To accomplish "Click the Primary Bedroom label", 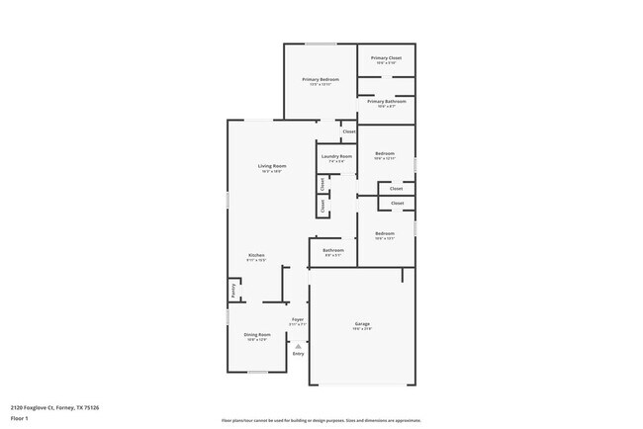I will [x=321, y=79].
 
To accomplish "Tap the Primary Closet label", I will [x=386, y=58].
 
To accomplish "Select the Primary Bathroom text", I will [x=386, y=101].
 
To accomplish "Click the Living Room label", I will [x=272, y=166].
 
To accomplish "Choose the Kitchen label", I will [x=256, y=255].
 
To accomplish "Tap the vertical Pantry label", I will [x=233, y=291].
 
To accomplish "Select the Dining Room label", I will [x=256, y=334].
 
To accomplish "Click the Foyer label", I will [x=297, y=319].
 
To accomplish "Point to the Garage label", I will [x=362, y=323].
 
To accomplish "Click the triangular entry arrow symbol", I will [x=299, y=344].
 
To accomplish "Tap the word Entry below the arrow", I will [x=299, y=353].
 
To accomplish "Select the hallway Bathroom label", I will [x=333, y=250].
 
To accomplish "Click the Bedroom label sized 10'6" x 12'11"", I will [x=385, y=154].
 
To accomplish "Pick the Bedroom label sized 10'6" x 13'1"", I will [x=385, y=234].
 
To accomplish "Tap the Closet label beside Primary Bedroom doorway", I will [x=348, y=131].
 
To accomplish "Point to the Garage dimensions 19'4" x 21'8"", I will [x=362, y=329].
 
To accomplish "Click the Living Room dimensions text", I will [x=272, y=172].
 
